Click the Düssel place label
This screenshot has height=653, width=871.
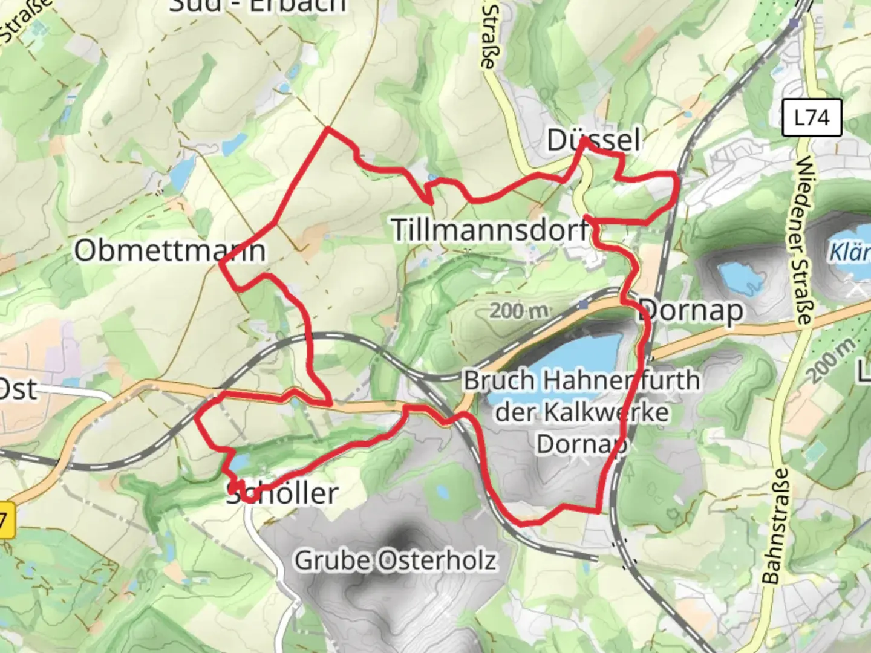[593, 140]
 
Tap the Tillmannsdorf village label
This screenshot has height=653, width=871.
[490, 230]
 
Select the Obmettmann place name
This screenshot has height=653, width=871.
[169, 250]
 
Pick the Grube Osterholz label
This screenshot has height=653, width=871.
[395, 560]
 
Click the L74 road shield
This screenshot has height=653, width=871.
[811, 117]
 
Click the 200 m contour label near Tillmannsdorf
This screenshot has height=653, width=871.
[519, 311]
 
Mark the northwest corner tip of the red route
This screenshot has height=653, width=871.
[327, 128]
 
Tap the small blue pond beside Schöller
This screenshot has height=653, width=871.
[240, 463]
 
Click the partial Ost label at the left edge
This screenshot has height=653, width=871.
[18, 389]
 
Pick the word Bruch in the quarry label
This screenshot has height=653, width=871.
[499, 381]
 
